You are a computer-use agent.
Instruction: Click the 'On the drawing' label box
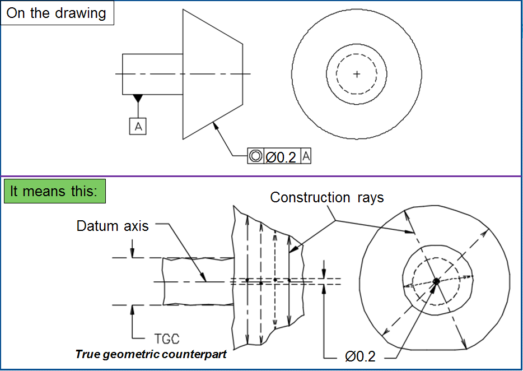(x=57, y=13)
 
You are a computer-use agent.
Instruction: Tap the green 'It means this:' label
(x=54, y=191)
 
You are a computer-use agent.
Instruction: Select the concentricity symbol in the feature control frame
(x=255, y=156)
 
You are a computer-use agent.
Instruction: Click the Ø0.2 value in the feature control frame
(x=281, y=157)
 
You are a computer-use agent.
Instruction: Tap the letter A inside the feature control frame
(x=306, y=156)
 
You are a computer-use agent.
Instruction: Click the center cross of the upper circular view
(x=357, y=74)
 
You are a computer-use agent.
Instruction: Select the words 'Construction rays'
(x=327, y=197)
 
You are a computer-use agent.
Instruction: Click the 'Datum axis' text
(x=113, y=226)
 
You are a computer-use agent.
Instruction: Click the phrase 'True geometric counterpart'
(x=151, y=355)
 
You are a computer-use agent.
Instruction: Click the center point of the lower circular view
(x=436, y=281)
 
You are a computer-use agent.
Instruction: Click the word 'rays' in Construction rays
(x=370, y=197)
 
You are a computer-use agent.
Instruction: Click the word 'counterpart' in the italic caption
(x=198, y=355)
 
